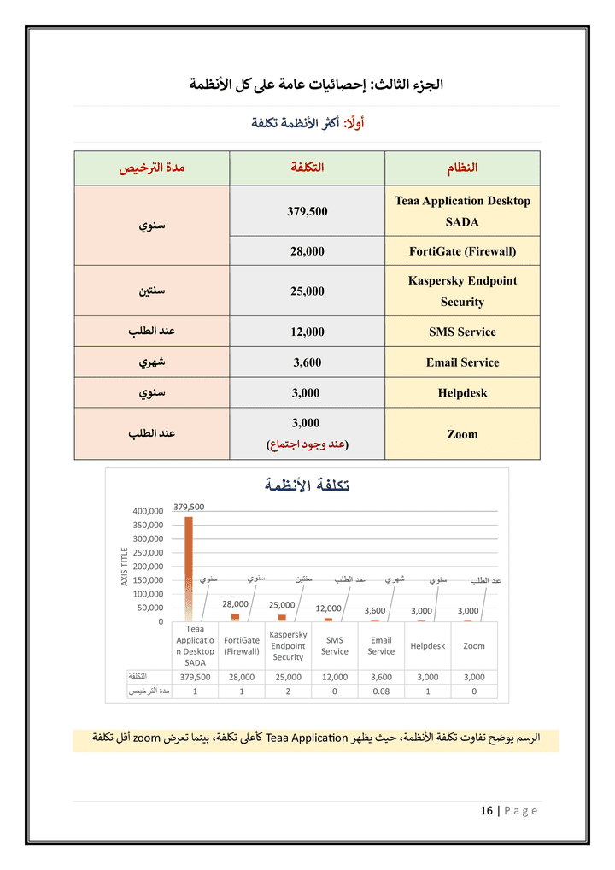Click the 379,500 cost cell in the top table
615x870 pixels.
tap(307, 211)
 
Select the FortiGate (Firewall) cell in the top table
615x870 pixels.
tap(462, 251)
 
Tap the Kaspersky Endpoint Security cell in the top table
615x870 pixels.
tap(462, 291)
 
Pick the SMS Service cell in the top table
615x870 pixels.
tap(462, 332)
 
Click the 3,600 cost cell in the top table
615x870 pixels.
tap(307, 362)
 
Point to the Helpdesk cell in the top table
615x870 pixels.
tap(462, 393)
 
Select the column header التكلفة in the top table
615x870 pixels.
tap(307, 168)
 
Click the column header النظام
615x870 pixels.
tap(462, 168)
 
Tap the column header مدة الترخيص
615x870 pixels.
tap(152, 168)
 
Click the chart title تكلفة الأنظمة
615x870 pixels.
tap(307, 485)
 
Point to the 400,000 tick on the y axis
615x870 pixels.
tap(147, 511)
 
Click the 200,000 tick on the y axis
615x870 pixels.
tap(147, 567)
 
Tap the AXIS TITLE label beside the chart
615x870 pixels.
tap(125, 567)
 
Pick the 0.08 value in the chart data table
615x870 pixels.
tap(381, 691)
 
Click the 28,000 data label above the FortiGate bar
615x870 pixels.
tap(235, 603)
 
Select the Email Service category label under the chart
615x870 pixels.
tap(381, 645)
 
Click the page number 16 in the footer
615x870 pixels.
tap(487, 811)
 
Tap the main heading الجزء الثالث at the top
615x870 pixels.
tap(317, 85)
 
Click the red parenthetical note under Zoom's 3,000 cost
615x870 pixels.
tap(307, 444)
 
